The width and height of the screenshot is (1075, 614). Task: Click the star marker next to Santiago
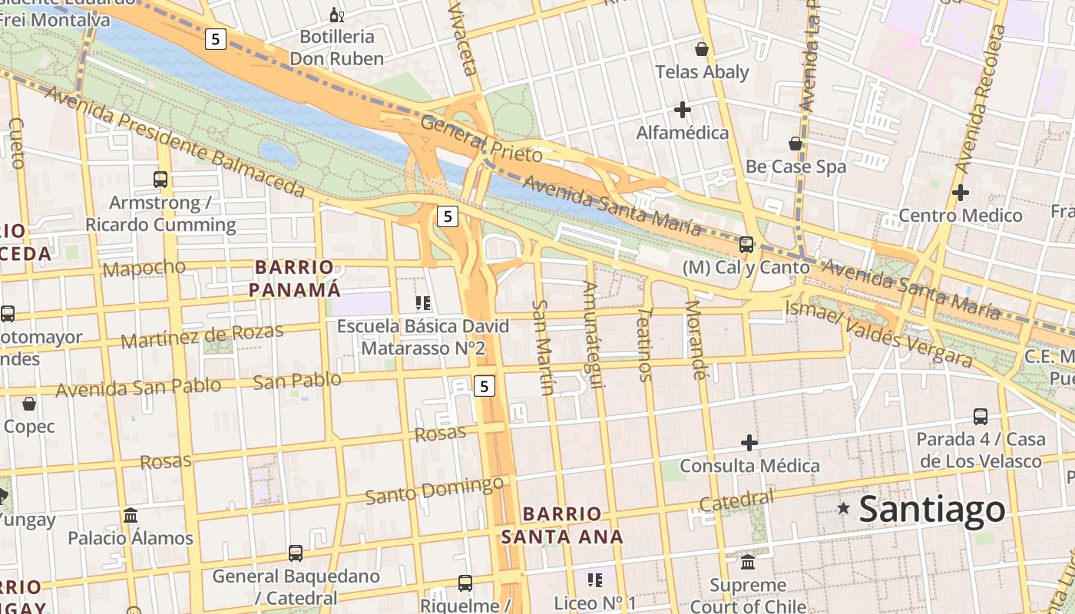click(x=844, y=508)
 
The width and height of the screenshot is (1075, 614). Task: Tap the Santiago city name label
click(x=931, y=509)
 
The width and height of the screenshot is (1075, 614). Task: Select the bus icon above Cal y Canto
click(x=746, y=245)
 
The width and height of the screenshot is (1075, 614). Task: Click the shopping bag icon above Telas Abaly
click(x=701, y=49)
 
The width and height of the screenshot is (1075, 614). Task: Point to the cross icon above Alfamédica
click(x=682, y=110)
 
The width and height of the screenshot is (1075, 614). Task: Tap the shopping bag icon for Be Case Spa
click(x=795, y=144)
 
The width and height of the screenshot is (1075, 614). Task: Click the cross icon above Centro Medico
click(x=960, y=193)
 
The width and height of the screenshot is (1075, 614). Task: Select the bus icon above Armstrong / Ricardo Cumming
click(x=160, y=180)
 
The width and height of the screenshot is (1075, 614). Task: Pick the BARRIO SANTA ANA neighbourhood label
click(x=562, y=525)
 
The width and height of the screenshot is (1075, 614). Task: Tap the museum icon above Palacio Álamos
click(x=131, y=515)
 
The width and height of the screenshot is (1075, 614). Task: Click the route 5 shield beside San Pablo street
click(x=484, y=386)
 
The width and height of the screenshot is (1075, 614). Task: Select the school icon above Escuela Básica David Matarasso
click(x=422, y=303)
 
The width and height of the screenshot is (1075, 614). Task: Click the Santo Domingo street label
click(x=434, y=490)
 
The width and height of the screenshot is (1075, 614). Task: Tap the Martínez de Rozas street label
click(x=202, y=336)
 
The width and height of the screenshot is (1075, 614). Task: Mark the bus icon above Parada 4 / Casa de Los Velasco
click(x=981, y=417)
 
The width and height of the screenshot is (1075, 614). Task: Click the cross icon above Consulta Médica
click(x=749, y=443)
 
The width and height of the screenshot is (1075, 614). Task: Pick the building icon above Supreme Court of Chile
click(x=748, y=563)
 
